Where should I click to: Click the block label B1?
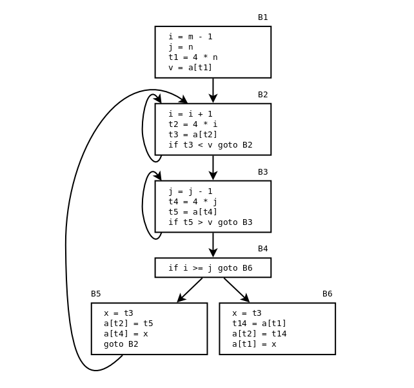pos(262,17)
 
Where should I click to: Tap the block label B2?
pos(262,95)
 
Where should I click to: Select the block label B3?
pos(262,172)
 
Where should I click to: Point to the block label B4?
pos(262,249)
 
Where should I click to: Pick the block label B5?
pos(95,294)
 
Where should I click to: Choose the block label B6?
pos(327,294)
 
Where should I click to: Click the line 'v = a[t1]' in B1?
pos(190,68)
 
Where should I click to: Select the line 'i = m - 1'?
pos(190,37)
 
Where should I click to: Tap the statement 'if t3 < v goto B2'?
pos(210,145)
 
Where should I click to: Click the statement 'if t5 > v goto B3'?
pos(210,222)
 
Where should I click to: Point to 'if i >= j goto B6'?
pos(210,268)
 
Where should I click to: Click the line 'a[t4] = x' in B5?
pos(126,334)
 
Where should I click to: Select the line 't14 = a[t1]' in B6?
pos(259,324)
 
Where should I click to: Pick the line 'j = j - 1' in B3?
pos(190,191)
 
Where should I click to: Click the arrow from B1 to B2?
pos(213,90)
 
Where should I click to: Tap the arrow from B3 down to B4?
pos(213,245)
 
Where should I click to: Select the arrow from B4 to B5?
pos(190,290)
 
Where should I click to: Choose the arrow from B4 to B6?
pos(237,290)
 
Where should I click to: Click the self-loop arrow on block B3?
pos(143,205)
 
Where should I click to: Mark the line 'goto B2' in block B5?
pos(121,344)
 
